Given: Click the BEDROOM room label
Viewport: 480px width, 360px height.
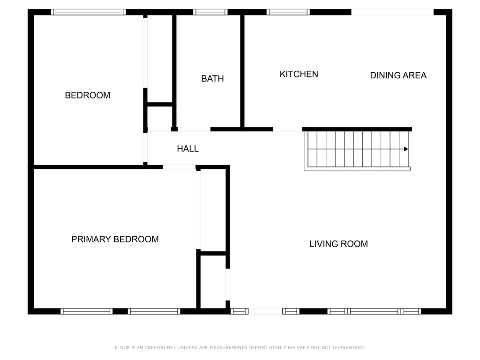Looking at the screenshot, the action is tap(88, 95).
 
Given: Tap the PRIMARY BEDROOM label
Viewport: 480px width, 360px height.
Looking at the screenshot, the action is tap(115, 239).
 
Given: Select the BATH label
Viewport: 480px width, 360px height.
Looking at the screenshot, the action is tap(212, 79).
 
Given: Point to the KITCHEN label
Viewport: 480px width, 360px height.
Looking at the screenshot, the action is tap(299, 74).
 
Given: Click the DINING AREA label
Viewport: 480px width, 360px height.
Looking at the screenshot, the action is tap(398, 75).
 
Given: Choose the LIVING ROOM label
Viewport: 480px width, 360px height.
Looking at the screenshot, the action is tap(338, 244).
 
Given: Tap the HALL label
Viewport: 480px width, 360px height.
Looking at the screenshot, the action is tap(188, 149).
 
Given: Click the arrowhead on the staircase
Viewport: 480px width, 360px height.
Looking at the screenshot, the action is tap(406, 149).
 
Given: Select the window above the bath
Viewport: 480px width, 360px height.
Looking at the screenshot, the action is tap(210, 12).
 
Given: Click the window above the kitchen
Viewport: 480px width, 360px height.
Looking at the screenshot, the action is tap(288, 12).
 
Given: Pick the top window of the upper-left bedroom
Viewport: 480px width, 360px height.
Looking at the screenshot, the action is tap(88, 12).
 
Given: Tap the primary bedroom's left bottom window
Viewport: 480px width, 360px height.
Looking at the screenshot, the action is tap(87, 311).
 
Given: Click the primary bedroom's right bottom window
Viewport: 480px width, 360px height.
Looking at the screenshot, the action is tap(154, 311).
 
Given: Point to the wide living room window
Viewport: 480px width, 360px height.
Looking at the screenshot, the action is tap(374, 311).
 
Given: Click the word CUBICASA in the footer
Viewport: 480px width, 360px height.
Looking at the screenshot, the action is tap(186, 347).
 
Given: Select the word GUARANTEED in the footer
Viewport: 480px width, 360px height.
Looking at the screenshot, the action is tap(349, 347).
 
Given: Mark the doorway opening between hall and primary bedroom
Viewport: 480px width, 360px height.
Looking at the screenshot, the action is tap(179, 167).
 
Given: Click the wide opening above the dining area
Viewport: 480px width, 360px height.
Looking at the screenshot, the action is tap(392, 12).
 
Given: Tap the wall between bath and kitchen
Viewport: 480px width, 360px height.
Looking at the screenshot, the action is tap(242, 71).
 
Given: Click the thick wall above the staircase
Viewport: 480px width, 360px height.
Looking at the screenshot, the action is tap(357, 129).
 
